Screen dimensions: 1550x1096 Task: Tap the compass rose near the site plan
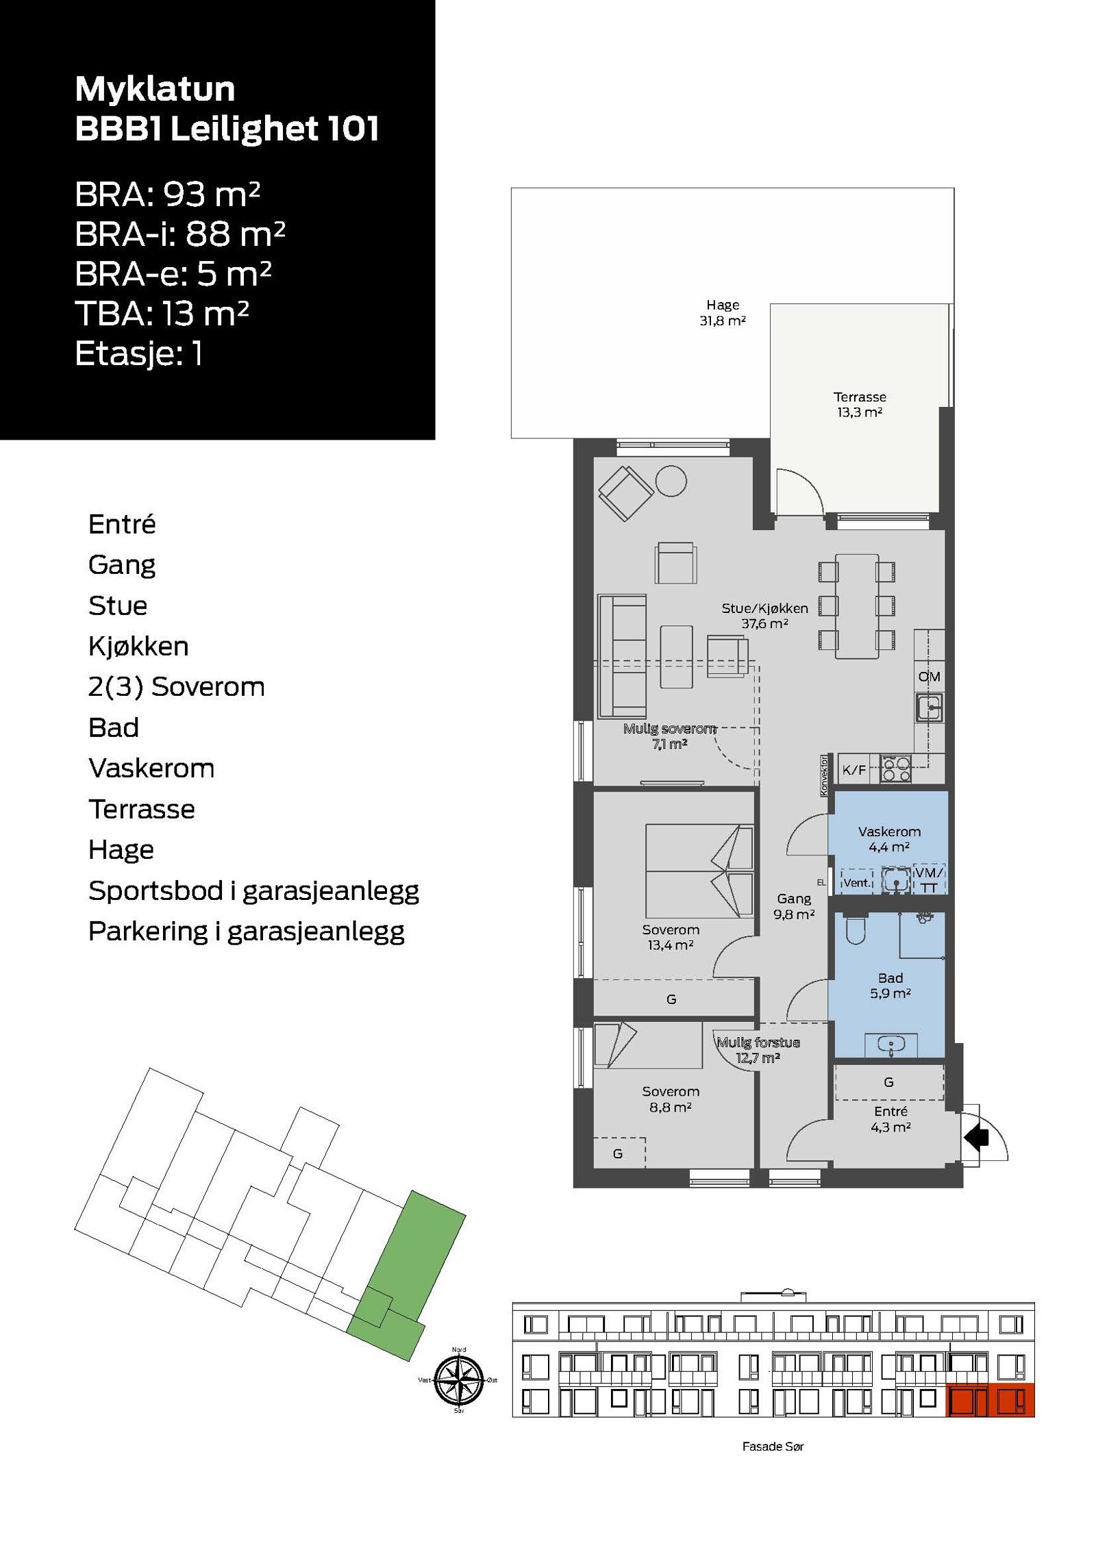[459, 1379]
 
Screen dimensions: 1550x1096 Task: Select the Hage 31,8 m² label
[722, 312]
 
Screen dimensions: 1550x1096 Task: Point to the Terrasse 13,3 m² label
[859, 404]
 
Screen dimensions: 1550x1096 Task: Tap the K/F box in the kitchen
[854, 770]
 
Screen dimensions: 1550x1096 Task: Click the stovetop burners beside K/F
[896, 768]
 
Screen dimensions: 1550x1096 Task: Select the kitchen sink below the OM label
[930, 708]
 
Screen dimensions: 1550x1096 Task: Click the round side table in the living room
[671, 481]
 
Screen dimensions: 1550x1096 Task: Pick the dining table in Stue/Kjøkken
[856, 607]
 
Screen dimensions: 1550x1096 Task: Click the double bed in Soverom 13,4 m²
[699, 871]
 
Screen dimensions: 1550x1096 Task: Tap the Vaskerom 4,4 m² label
[888, 838]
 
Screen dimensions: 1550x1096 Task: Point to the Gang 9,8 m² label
[793, 905]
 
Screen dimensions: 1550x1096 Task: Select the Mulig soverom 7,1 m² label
[669, 736]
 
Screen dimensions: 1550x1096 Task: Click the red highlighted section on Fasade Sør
[989, 1400]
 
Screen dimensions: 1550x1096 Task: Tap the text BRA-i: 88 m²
[179, 234]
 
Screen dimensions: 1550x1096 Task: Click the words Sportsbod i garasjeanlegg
[253, 890]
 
